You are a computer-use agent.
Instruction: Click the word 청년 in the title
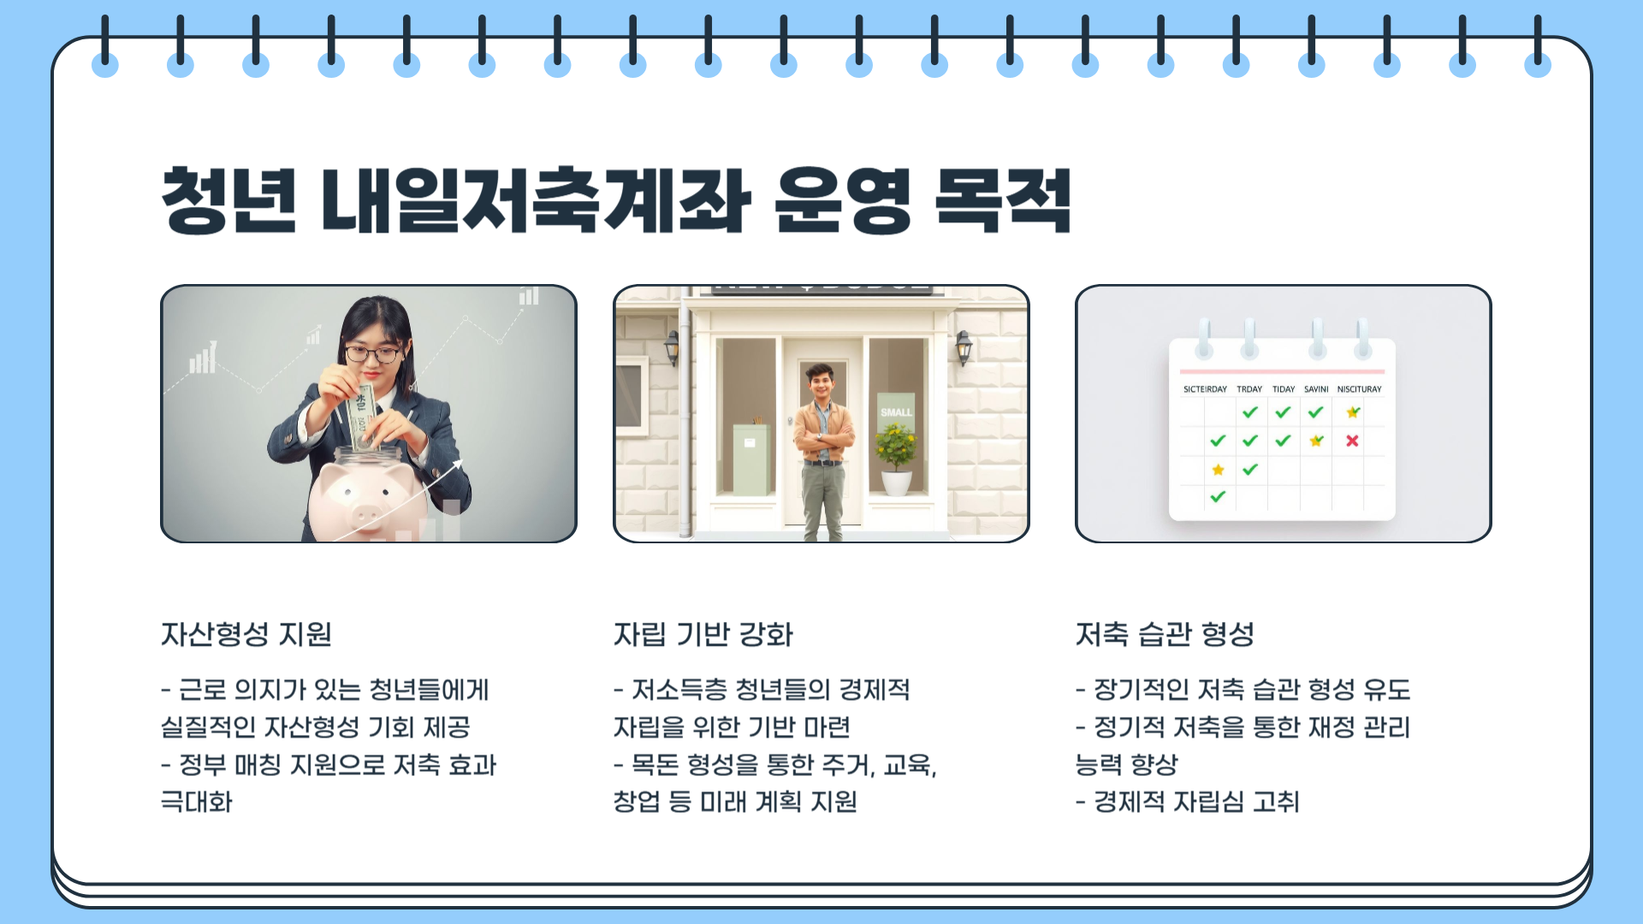(228, 201)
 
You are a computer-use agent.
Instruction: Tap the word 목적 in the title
(1002, 201)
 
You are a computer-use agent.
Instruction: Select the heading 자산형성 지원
(246, 634)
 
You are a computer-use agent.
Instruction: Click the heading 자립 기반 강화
(703, 634)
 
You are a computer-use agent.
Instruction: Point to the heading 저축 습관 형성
(1165, 634)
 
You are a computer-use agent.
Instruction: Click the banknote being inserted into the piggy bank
(362, 415)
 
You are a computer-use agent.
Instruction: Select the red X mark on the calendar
(1352, 441)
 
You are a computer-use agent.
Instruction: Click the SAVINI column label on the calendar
(1316, 389)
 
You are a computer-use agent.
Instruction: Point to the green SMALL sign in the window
(896, 412)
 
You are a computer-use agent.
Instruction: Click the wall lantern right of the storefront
(964, 346)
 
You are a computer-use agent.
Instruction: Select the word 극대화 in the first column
(197, 802)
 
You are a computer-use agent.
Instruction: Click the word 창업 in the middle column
(636, 802)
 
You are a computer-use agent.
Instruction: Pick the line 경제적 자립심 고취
(1195, 802)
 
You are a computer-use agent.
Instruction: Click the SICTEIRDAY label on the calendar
(1205, 389)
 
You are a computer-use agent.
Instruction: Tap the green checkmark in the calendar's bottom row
(1218, 496)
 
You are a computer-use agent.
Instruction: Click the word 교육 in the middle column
(907, 764)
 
